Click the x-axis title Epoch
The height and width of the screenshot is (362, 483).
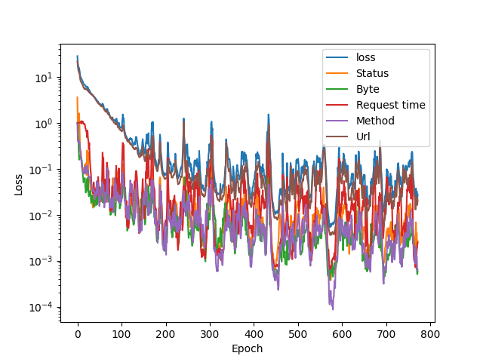(248, 348)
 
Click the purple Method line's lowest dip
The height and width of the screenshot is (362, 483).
(332, 309)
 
